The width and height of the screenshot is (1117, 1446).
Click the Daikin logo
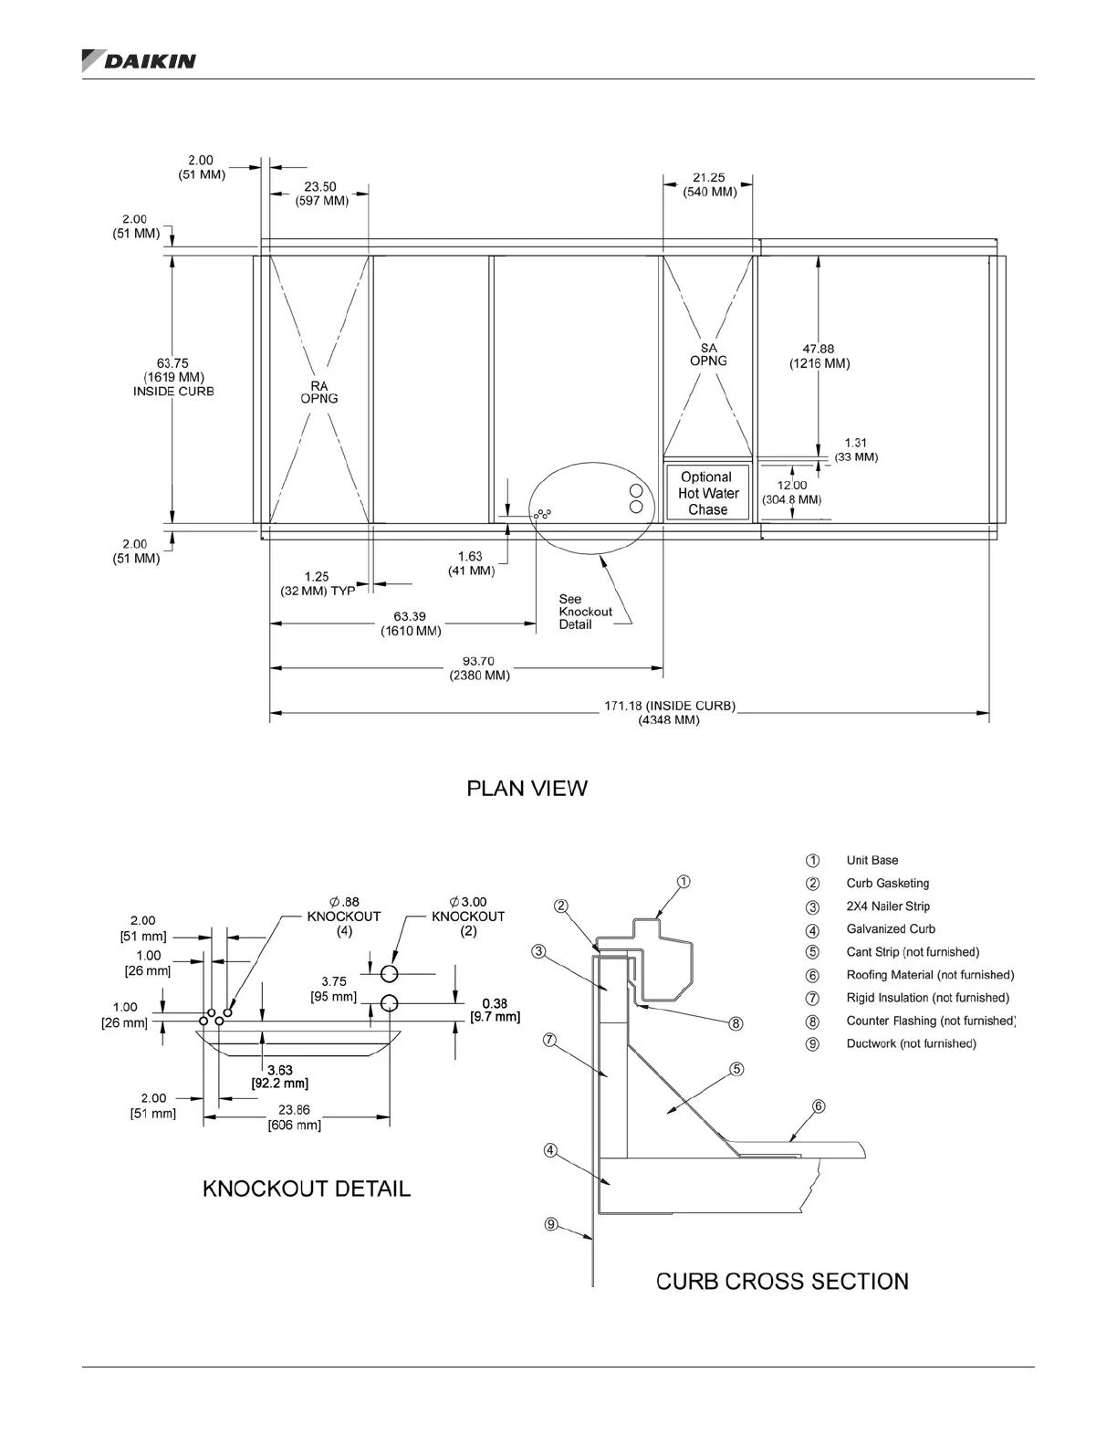(x=139, y=60)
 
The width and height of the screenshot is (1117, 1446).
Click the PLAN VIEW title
(x=527, y=789)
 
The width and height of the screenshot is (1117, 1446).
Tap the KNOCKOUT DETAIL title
(x=306, y=1189)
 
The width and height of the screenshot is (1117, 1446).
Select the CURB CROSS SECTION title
(x=782, y=1282)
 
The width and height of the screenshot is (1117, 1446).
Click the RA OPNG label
(x=319, y=393)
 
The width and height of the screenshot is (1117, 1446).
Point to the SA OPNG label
(x=708, y=354)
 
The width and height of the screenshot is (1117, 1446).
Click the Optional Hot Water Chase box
(x=707, y=493)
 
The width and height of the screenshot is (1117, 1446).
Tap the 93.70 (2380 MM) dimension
(x=479, y=668)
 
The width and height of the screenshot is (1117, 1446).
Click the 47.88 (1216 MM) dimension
(x=819, y=356)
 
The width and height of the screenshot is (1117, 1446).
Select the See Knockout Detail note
(x=585, y=612)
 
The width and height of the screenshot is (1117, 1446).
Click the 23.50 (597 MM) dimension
(x=320, y=194)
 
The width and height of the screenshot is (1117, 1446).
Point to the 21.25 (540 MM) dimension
(x=709, y=184)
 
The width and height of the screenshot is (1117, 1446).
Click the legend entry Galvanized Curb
(x=890, y=929)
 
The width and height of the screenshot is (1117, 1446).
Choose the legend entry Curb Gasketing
(x=887, y=884)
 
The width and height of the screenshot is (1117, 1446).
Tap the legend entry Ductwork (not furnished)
(x=911, y=1043)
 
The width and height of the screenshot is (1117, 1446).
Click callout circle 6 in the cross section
(x=819, y=1106)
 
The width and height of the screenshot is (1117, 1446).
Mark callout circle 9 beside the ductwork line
(x=551, y=1224)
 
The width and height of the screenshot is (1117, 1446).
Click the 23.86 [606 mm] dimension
(x=294, y=1117)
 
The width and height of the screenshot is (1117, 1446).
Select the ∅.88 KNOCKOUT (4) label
(x=343, y=917)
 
